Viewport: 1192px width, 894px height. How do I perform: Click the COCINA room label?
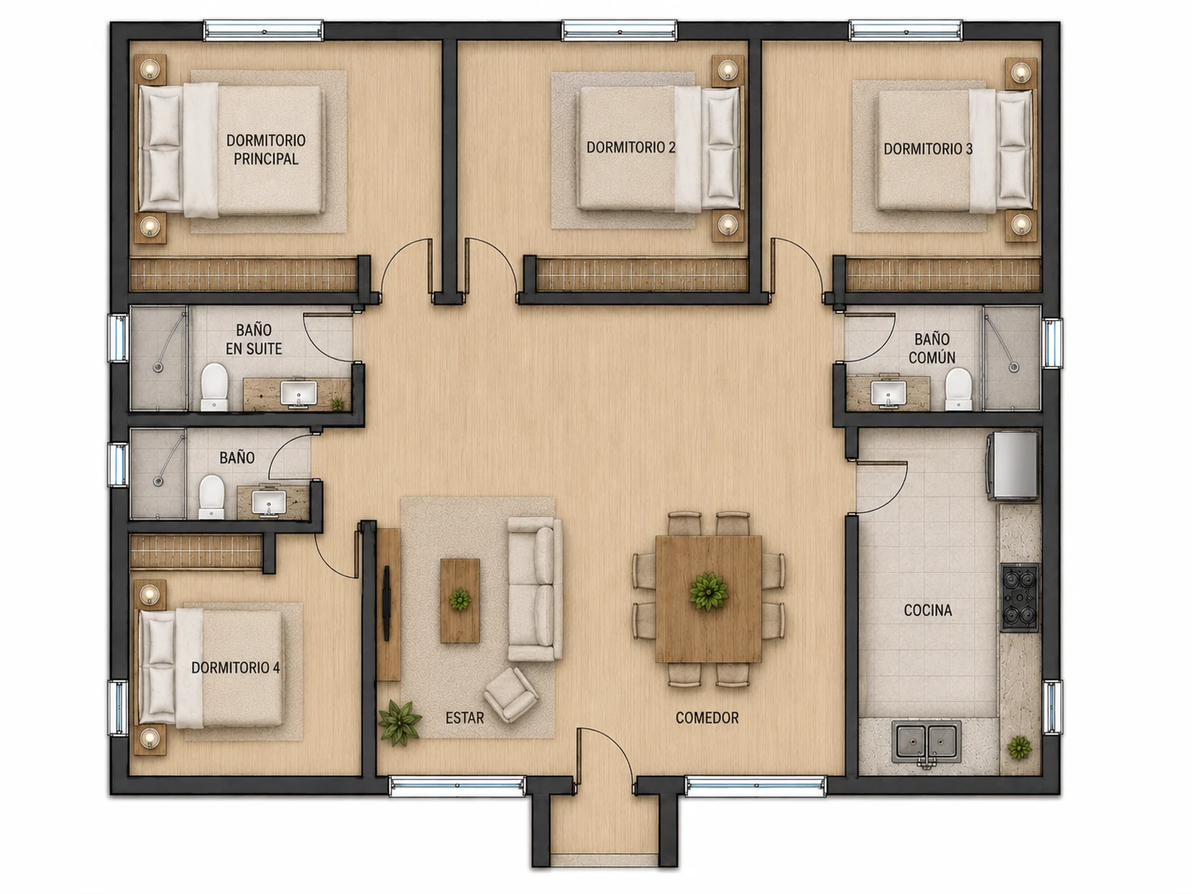[x=928, y=610]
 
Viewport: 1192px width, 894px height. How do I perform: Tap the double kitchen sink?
[x=926, y=741]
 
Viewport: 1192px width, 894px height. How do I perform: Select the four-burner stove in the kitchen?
[x=1019, y=598]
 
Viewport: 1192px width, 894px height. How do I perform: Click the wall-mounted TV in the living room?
[x=386, y=603]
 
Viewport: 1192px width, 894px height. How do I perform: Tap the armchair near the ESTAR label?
[x=511, y=694]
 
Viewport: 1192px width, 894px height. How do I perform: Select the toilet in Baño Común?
[x=958, y=389]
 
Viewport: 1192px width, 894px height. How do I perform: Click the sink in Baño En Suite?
[x=298, y=393]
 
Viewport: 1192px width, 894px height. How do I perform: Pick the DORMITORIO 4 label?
[x=235, y=667]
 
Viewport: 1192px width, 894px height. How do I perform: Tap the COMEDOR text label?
[x=707, y=718]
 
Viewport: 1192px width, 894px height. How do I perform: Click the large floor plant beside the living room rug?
[x=400, y=722]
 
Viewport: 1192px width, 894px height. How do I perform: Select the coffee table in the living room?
[x=460, y=600]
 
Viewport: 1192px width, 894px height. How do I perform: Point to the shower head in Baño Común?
[x=1013, y=367]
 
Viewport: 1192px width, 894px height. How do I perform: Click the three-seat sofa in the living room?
[x=535, y=589]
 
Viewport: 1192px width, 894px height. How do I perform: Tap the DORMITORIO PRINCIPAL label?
[x=266, y=149]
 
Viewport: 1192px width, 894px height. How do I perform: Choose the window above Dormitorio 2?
[x=619, y=30]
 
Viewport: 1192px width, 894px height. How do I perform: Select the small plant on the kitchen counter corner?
[x=1019, y=748]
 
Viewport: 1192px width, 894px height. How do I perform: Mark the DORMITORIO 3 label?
[x=928, y=149]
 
